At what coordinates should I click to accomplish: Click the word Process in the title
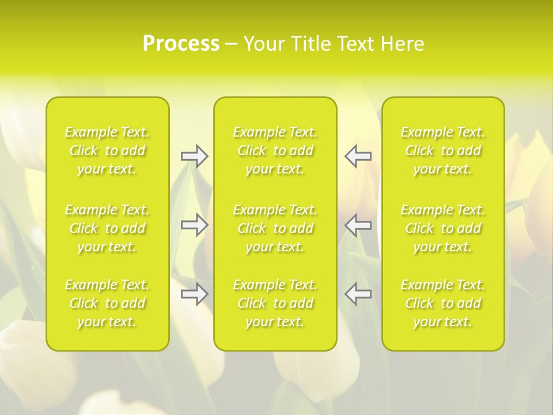coord(181,44)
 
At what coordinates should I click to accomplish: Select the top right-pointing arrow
coord(194,156)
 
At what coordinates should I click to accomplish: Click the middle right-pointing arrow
coord(194,225)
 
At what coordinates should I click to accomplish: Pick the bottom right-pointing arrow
coord(194,294)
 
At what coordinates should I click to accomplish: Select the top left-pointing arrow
coord(358,156)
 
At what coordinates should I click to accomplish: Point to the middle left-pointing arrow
coord(358,225)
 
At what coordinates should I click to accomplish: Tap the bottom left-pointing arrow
coord(358,294)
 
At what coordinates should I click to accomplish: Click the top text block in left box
coord(107,150)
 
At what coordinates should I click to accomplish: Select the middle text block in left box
coord(107,228)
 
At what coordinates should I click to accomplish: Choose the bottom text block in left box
coord(107,303)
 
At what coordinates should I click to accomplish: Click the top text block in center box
coord(275,150)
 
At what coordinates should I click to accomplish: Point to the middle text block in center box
coord(275,228)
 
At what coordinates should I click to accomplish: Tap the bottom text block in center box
coord(275,303)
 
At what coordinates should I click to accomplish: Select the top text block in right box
coord(443,150)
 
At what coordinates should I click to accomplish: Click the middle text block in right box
coord(443,228)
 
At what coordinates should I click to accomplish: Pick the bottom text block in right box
coord(443,303)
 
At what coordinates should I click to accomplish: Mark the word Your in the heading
coord(264,44)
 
